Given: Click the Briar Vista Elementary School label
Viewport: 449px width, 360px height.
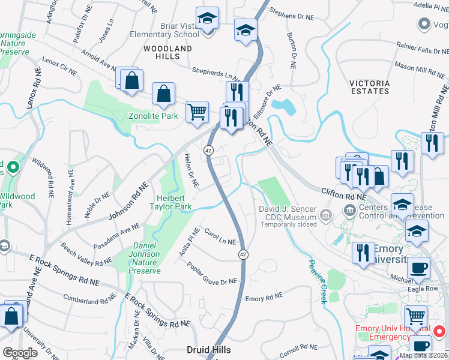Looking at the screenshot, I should (x=164, y=30).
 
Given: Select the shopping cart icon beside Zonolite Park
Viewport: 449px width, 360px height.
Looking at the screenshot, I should (x=197, y=112).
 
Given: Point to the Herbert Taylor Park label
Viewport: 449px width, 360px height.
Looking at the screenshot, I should (x=174, y=202).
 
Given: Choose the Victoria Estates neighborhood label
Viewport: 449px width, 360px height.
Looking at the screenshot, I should (x=369, y=87).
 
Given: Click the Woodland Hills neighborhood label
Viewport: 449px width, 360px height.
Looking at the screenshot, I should (x=167, y=52).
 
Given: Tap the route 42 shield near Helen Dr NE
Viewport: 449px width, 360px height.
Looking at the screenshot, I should (x=208, y=149).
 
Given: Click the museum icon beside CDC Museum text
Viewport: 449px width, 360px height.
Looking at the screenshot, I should (x=325, y=214).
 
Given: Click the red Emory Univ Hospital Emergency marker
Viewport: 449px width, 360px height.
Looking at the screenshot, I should (x=439, y=331).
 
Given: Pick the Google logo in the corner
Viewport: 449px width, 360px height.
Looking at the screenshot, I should (x=20, y=352).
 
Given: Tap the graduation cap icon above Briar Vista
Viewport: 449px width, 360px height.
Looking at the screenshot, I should (x=207, y=18).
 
